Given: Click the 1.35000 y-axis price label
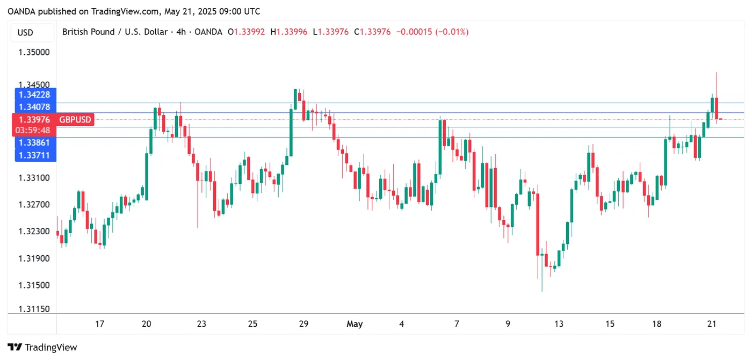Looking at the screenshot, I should tap(34, 53).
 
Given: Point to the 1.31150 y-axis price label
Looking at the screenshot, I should tap(34, 309).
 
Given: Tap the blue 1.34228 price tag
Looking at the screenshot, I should tap(34, 95).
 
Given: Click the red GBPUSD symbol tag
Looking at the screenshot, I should tap(75, 119).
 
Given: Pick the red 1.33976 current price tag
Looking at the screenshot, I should tap(34, 119).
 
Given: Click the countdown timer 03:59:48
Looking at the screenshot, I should tap(34, 130).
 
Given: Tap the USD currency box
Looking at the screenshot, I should tap(25, 32).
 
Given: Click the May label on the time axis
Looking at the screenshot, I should tap(355, 324).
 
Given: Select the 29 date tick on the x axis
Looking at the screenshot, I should tap(303, 324).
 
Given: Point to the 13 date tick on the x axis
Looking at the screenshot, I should tap(559, 324).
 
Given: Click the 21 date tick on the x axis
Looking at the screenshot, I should tap(712, 324).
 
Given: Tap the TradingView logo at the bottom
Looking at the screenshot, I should tap(42, 347).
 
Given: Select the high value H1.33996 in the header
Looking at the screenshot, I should tap(289, 32).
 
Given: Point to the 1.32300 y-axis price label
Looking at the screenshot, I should tap(34, 232).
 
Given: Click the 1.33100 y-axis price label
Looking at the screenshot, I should tap(34, 178).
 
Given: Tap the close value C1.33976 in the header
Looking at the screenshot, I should tap(372, 32).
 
